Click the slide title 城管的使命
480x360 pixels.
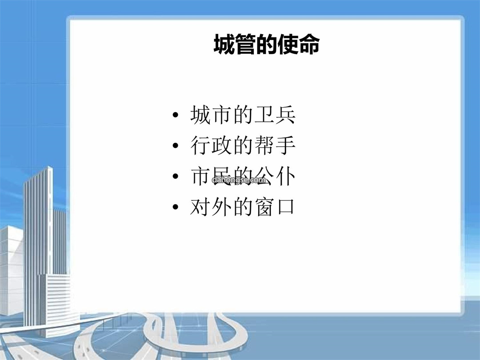[x=267, y=44]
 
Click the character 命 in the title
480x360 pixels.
[x=309, y=44]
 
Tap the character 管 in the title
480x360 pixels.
[x=245, y=44]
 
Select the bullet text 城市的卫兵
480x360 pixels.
[x=243, y=115]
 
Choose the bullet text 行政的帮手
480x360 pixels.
[x=243, y=145]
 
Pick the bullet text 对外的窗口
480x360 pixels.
[x=242, y=207]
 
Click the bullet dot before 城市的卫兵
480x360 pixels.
[x=176, y=115]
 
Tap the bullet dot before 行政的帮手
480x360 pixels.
[x=176, y=145]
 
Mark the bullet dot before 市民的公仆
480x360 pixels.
[x=176, y=176]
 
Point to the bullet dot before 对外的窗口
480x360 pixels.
[x=176, y=207]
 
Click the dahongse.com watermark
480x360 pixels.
[x=239, y=180]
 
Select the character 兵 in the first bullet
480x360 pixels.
[x=285, y=115]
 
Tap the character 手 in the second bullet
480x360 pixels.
[x=285, y=145]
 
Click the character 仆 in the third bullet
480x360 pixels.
[x=285, y=176]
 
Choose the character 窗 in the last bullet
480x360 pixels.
[x=264, y=207]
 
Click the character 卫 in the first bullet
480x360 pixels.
[x=264, y=115]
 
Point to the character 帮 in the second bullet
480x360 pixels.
[x=264, y=145]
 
